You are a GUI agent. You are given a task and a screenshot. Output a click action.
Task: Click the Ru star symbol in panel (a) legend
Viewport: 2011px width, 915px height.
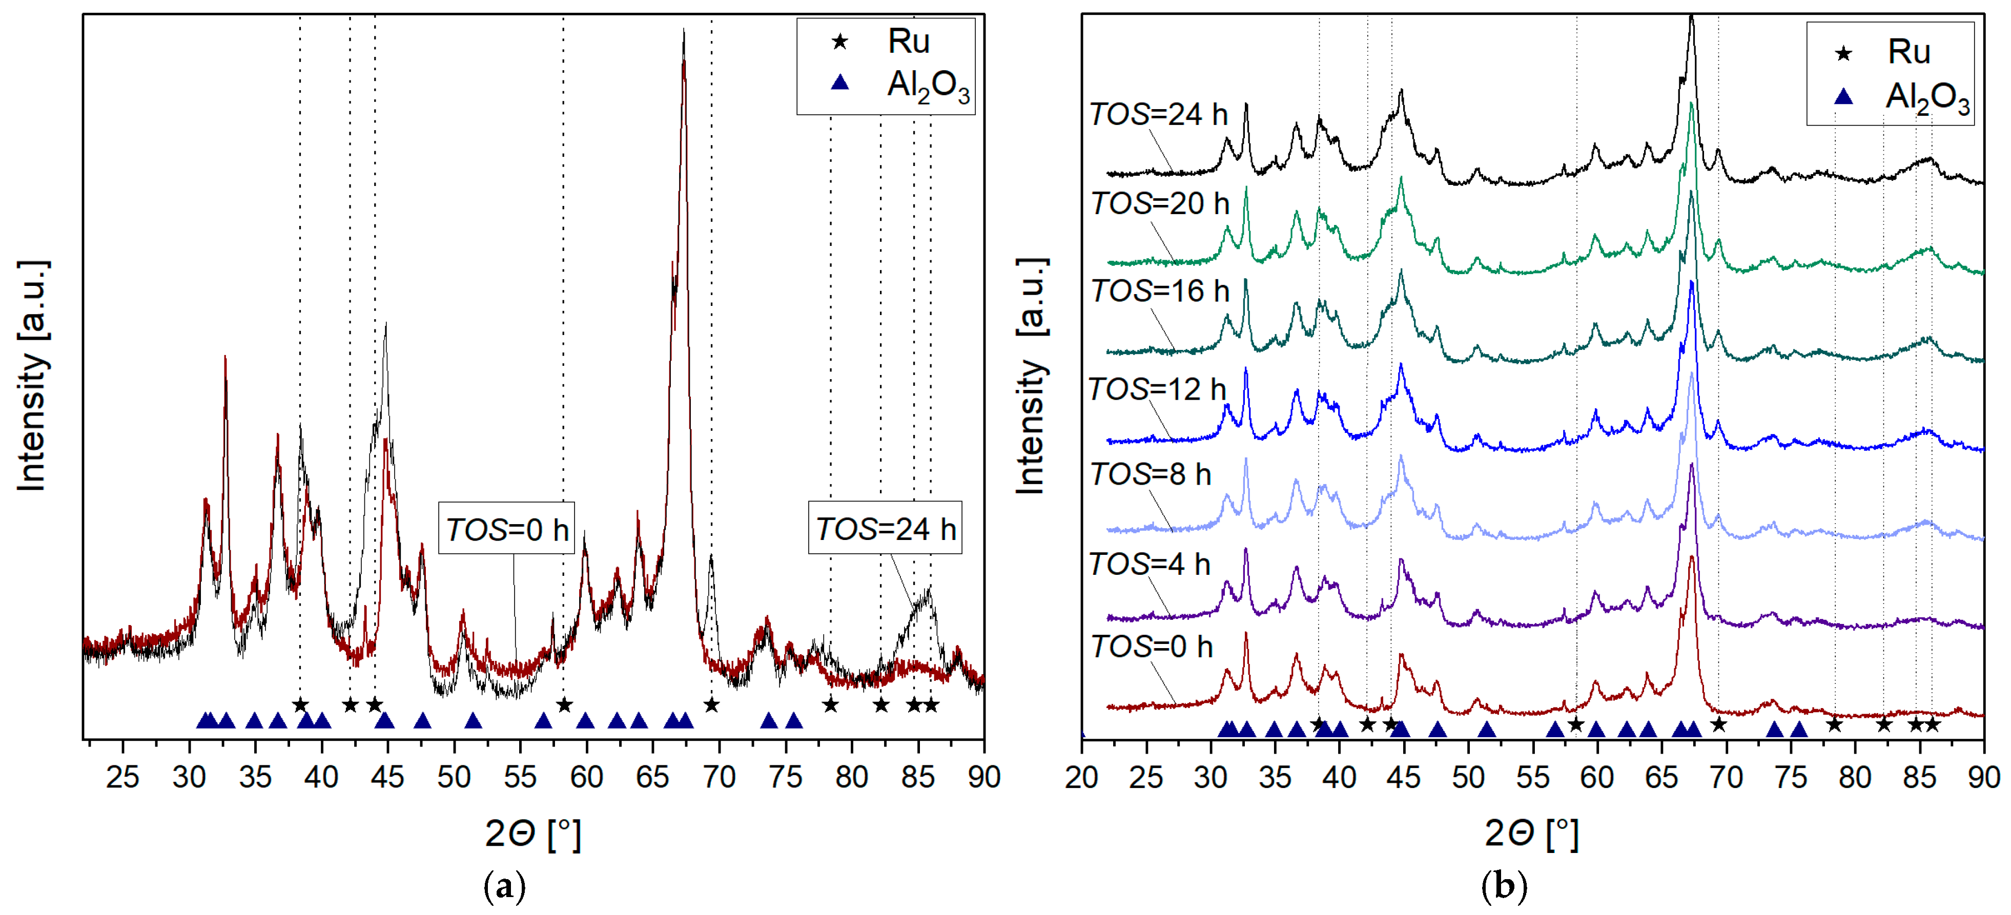tap(840, 41)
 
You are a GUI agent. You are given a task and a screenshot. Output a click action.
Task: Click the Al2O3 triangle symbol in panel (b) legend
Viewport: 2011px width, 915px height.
tap(1843, 97)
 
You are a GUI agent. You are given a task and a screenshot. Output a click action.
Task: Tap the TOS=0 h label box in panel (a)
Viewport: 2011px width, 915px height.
tap(507, 529)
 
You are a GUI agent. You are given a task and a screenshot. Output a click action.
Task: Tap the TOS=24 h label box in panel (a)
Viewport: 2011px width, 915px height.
tap(885, 529)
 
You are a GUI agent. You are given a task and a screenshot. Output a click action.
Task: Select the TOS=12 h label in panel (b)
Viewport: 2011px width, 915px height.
tap(1157, 389)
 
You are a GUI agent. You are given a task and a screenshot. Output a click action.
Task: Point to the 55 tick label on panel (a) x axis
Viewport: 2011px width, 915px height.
tap(520, 778)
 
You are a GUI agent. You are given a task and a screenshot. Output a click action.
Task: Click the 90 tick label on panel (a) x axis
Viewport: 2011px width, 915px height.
tap(983, 778)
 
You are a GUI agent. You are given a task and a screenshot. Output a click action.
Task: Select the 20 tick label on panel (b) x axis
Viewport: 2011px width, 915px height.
tap(1082, 778)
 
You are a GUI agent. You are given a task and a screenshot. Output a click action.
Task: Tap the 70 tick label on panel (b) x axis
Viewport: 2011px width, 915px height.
tap(1726, 778)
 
